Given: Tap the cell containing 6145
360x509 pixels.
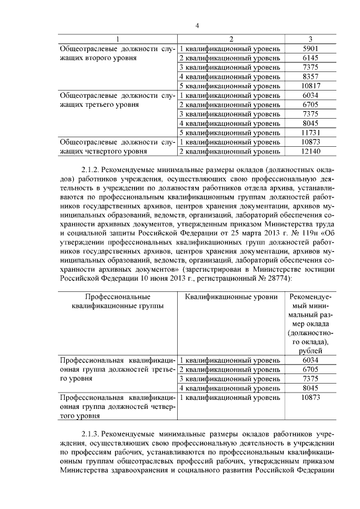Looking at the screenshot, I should tap(310, 58).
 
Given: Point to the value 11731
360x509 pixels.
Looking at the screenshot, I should tap(310, 133).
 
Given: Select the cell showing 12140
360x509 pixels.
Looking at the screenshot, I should tap(310, 151).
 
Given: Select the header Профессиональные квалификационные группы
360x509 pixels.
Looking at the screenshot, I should tap(117, 301).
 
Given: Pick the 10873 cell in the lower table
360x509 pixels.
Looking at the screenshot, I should tap(310, 398).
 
